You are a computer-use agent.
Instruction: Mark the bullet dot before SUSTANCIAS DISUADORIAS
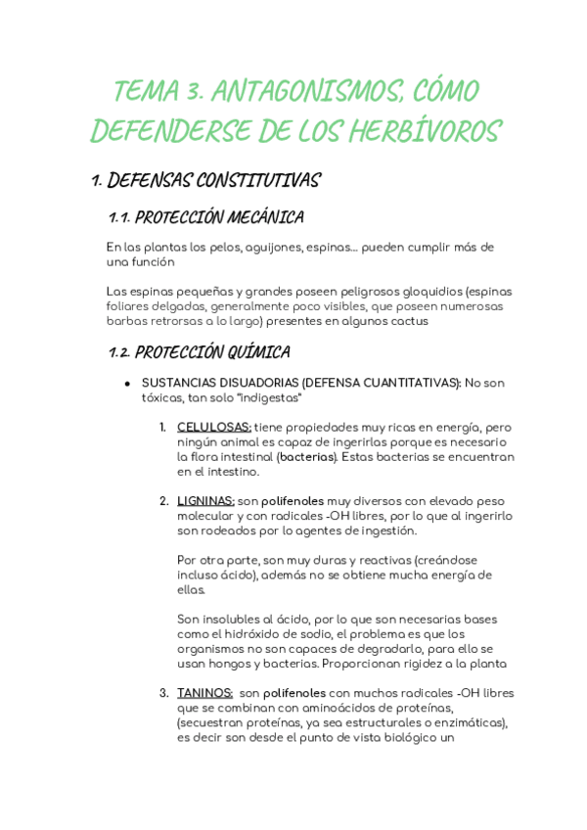tap(127, 383)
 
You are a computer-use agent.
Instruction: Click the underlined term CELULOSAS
tap(214, 428)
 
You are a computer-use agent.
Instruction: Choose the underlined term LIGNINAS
tap(205, 501)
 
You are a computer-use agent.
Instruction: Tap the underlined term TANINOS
tap(204, 693)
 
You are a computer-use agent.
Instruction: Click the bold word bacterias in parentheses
tap(305, 457)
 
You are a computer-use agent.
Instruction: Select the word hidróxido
tap(255, 633)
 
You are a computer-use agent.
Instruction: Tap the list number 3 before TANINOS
tap(164, 693)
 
